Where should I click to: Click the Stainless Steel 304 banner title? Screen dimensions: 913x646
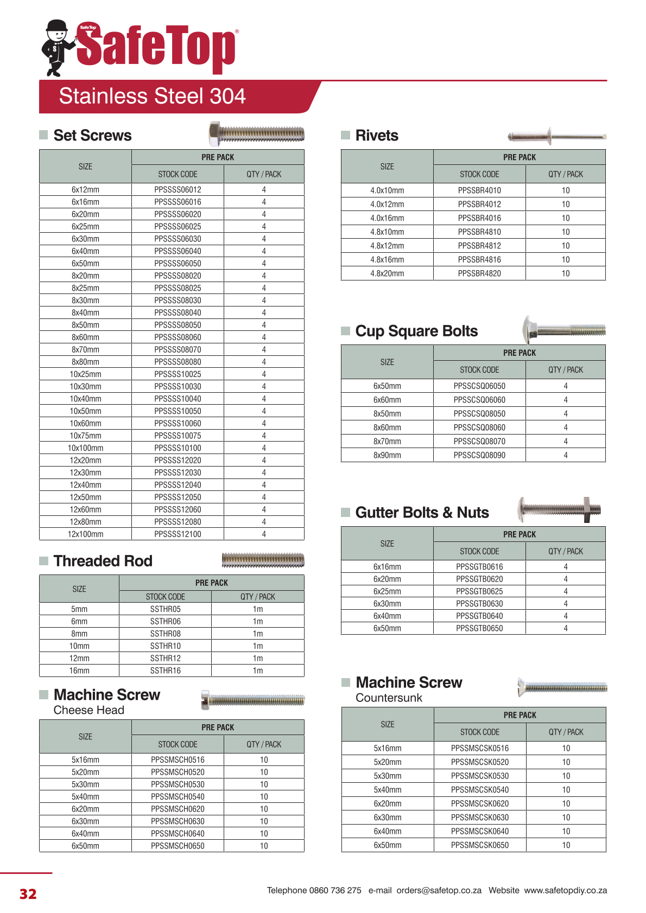[x=152, y=97]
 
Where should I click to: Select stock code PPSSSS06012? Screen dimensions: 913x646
[x=178, y=190]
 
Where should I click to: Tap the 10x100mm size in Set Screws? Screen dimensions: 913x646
[x=85, y=448]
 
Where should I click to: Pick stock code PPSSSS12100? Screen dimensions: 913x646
[x=178, y=534]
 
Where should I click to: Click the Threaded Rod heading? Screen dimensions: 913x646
[x=103, y=561]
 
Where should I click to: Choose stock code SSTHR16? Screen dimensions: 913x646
[x=165, y=671]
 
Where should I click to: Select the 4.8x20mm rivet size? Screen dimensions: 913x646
[x=387, y=273]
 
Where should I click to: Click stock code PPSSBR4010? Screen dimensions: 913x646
[x=479, y=190]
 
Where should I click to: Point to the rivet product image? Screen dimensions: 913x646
[x=556, y=136]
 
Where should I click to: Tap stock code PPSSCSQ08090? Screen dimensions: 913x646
[x=479, y=455]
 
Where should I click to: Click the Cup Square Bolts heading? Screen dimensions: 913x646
[x=416, y=331]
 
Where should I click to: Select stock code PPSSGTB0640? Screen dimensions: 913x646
[x=479, y=616]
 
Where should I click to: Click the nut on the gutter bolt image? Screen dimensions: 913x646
[x=587, y=509]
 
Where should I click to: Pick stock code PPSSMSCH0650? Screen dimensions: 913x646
[x=178, y=846]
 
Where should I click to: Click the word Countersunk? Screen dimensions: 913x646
[x=389, y=698]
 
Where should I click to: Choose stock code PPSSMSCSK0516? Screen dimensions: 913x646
[x=480, y=749]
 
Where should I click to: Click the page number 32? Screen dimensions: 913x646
[x=28, y=894]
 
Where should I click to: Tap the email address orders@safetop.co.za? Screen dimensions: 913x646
[x=439, y=890]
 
